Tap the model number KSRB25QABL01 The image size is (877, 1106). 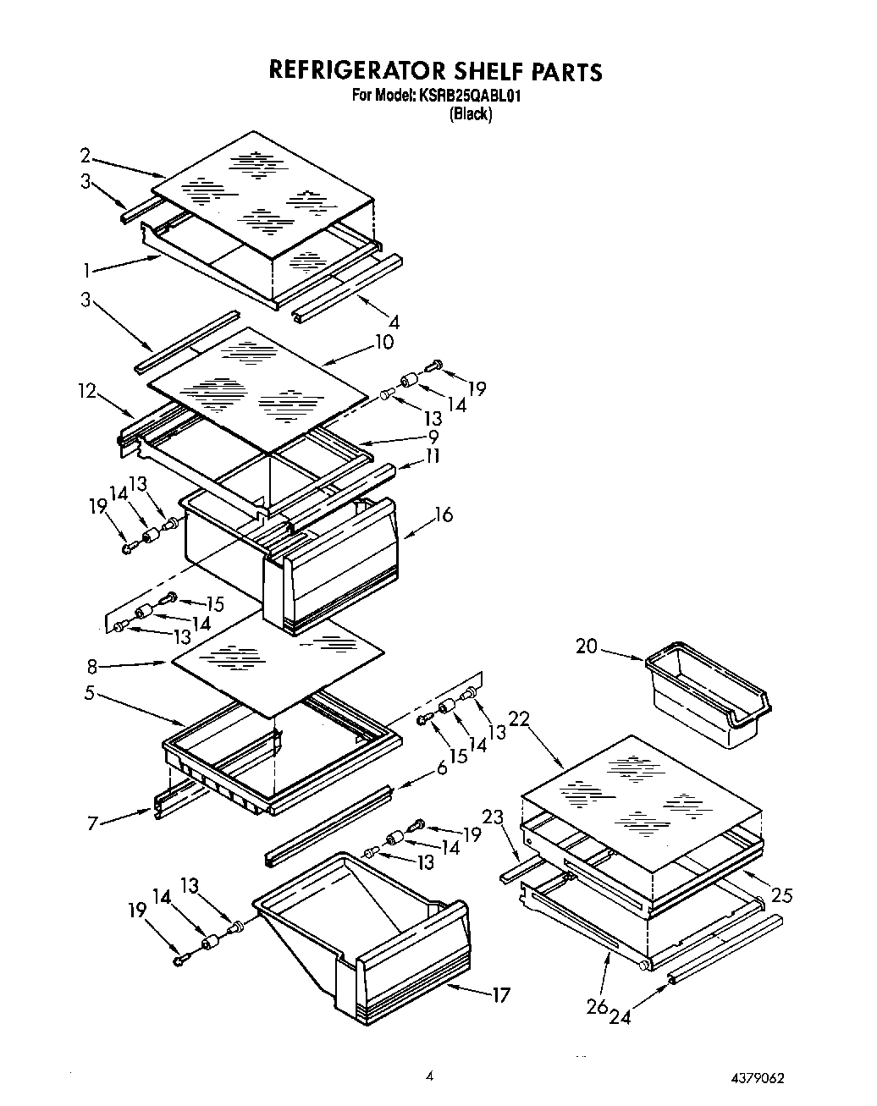click(x=467, y=96)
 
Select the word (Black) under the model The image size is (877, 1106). click(x=470, y=114)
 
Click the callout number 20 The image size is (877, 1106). click(x=587, y=647)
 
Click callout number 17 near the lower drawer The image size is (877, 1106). click(x=501, y=995)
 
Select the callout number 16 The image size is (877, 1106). click(x=443, y=514)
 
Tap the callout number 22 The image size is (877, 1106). click(x=519, y=718)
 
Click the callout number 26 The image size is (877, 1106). click(x=598, y=1006)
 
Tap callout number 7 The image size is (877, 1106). click(x=94, y=822)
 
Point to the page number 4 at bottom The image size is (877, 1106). click(x=430, y=1076)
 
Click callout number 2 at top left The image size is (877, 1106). click(x=85, y=155)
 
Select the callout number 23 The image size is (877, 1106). click(x=493, y=817)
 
